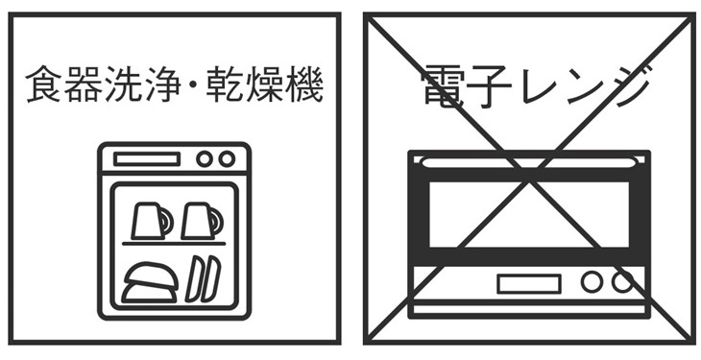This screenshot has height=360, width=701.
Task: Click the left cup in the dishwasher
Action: pos(150,220)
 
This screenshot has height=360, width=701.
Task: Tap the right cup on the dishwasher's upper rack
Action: pos(200,220)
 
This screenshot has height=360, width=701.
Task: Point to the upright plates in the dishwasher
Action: pos(201,278)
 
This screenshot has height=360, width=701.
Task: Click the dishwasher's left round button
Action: pos(205,159)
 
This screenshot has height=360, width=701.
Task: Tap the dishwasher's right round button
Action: pos(227,159)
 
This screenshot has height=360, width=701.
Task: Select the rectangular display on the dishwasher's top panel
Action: pos(147,159)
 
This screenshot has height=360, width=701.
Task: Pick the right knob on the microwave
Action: pos(622,282)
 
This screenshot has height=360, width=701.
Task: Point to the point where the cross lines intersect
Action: pos(529,179)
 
